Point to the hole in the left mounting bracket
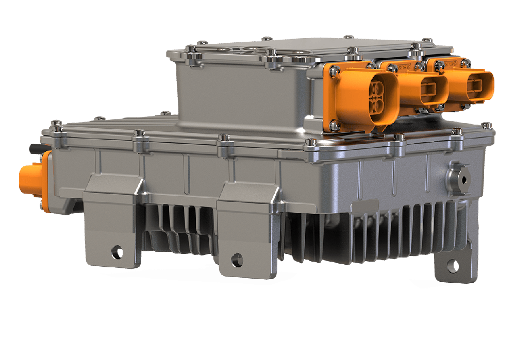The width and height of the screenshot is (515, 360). pyautogui.click(x=118, y=252)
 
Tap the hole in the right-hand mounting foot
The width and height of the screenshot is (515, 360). pyautogui.click(x=453, y=266)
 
